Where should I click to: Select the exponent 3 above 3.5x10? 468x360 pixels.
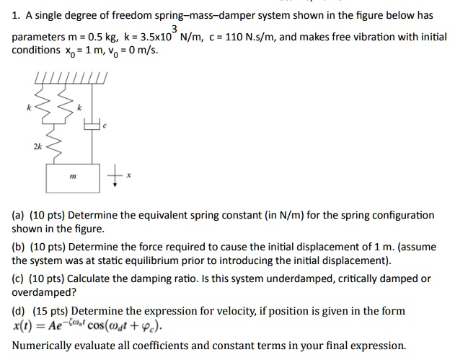(175, 27)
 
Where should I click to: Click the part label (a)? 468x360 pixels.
(19, 215)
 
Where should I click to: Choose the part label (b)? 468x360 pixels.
(19, 247)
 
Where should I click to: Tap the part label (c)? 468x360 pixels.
(19, 278)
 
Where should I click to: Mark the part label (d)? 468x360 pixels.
(19, 311)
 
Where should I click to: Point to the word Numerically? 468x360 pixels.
(41, 345)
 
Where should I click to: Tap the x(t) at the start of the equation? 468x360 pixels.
(23, 325)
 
